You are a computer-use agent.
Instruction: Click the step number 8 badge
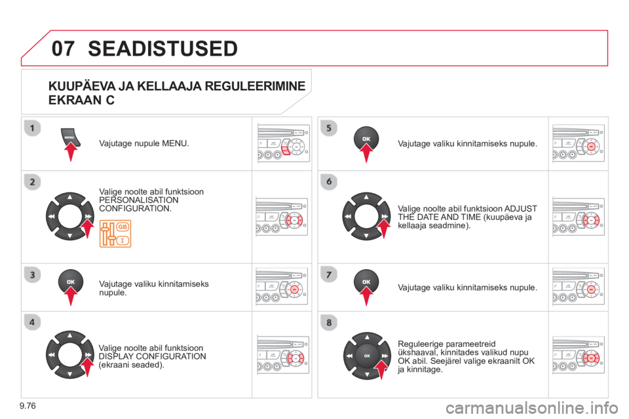pyautogui.click(x=328, y=321)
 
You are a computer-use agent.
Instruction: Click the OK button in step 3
pyautogui.click(x=70, y=280)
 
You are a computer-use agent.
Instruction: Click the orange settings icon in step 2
pyautogui.click(x=115, y=234)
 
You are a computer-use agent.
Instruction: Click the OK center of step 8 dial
pyautogui.click(x=367, y=355)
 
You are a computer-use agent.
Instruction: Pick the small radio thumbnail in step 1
pyautogui.click(x=282, y=143)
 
